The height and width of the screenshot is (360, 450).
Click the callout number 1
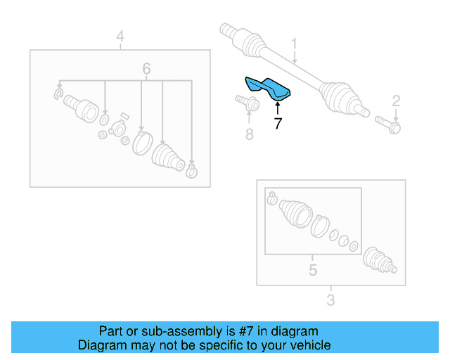click(295, 44)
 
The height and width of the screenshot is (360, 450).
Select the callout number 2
click(396, 100)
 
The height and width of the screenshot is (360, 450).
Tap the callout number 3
click(330, 301)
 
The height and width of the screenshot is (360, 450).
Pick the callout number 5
click(313, 269)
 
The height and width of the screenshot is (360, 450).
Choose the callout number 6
click(146, 68)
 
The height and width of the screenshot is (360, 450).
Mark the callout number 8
click(249, 133)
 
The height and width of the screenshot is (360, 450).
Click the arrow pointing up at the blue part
click(278, 108)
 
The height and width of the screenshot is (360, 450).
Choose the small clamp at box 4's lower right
click(191, 169)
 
